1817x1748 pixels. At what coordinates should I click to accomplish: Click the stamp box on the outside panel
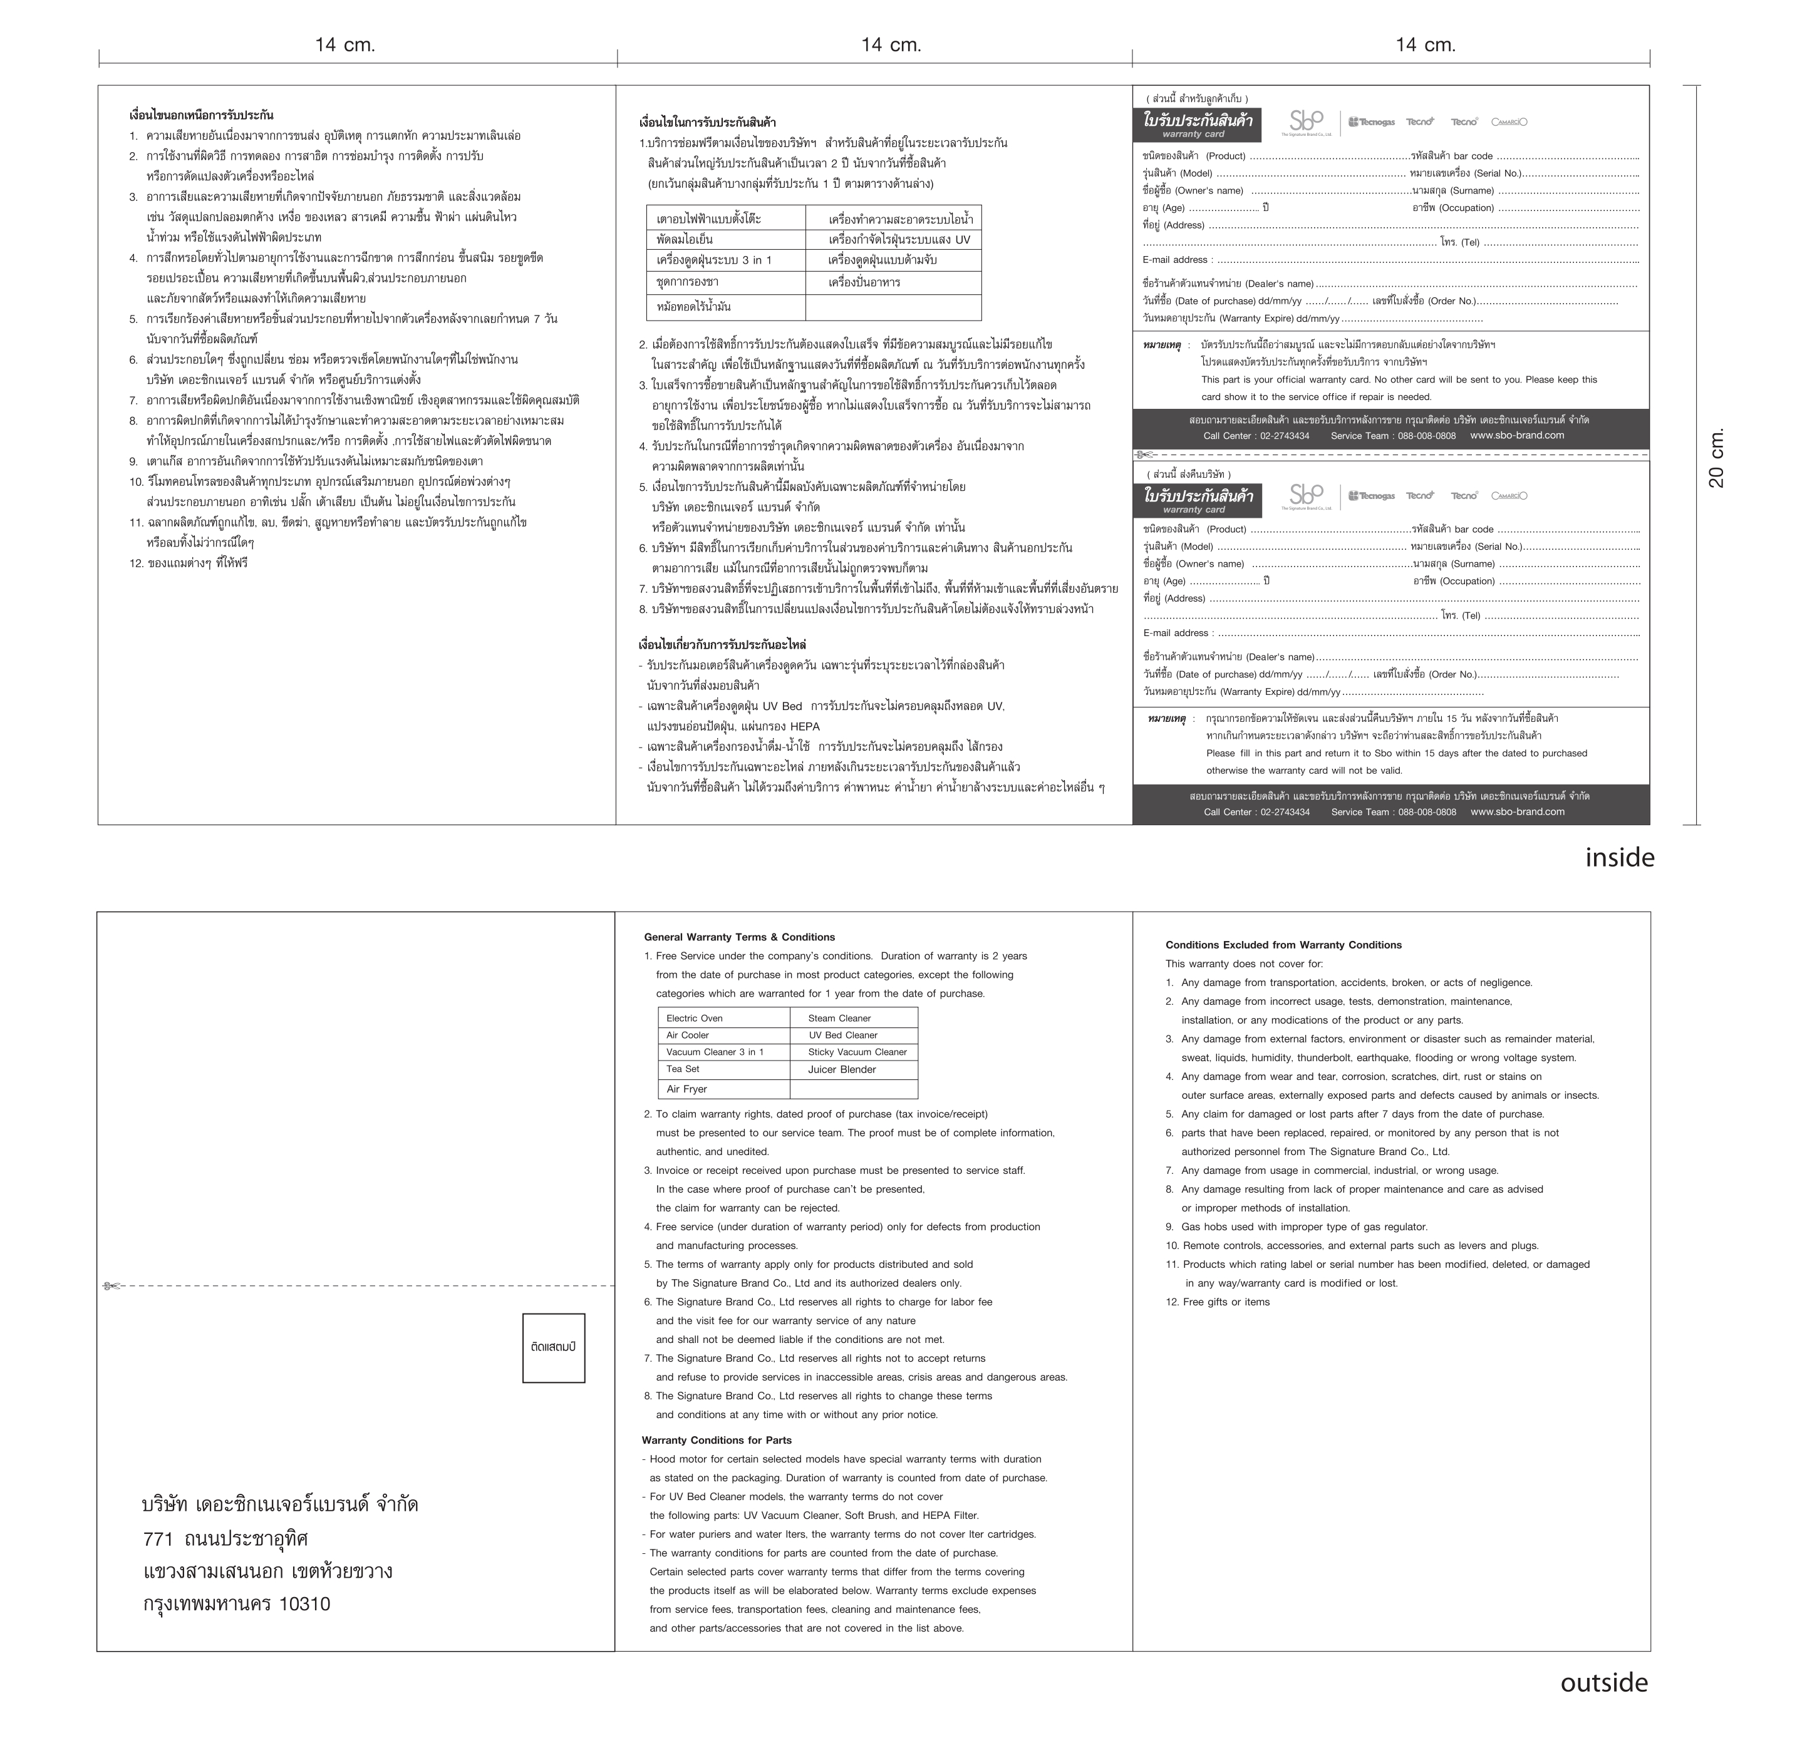(x=554, y=1347)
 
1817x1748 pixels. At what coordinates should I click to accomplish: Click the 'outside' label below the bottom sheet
(x=1604, y=1682)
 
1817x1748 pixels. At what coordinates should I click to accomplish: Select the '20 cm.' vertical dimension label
(x=1716, y=458)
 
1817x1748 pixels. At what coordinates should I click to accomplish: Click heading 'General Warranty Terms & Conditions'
(x=739, y=937)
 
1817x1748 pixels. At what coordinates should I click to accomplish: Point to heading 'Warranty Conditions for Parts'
(x=716, y=1441)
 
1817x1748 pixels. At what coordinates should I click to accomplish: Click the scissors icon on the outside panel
(x=111, y=1285)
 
